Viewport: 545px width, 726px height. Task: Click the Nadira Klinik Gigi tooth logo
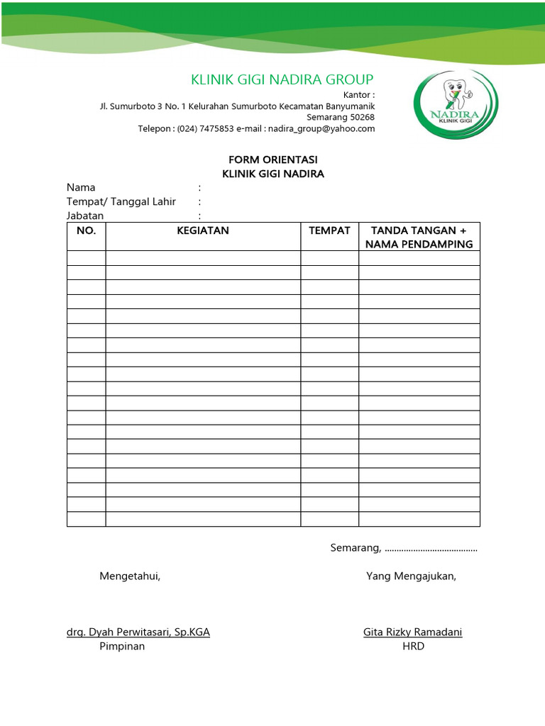pos(456,104)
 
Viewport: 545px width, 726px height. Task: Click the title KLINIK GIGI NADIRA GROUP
pos(282,79)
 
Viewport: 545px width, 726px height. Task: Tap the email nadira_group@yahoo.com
pos(321,129)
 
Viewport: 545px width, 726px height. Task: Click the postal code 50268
pos(360,117)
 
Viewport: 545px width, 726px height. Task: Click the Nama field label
pos(81,188)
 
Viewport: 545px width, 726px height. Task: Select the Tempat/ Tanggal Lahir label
pos(121,202)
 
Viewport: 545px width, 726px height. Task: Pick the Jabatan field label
pos(85,216)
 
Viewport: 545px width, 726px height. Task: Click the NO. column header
pos(86,230)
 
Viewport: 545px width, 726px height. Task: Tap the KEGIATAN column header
pos(203,230)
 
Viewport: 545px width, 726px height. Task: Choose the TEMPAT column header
pos(329,230)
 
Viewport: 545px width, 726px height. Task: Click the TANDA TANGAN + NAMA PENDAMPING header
pos(419,238)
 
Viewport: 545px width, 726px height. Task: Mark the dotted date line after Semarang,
pos(431,549)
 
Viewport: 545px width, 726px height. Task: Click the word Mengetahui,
pos(130,576)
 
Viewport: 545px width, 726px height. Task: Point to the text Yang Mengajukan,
pos(411,576)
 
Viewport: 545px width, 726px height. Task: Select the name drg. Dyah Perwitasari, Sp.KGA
pos(138,632)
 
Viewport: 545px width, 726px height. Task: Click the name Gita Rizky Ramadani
pos(412,632)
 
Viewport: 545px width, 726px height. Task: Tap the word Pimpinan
pos(122,647)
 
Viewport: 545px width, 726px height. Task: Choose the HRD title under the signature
pos(413,647)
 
